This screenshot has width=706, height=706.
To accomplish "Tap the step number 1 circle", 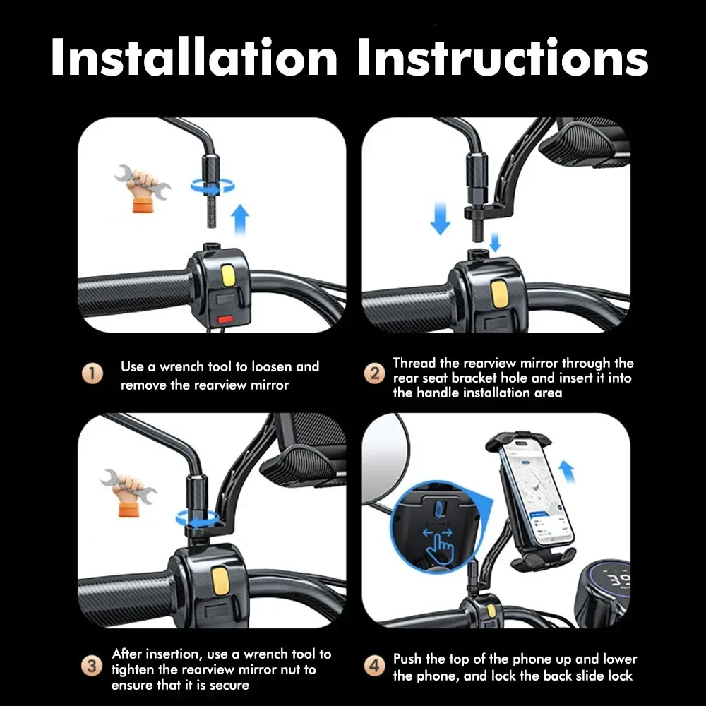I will point(92,374).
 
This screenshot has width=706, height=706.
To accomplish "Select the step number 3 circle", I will point(91,666).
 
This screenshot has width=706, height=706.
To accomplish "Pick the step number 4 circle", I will point(375,666).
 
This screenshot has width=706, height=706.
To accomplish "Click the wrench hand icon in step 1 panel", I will point(142,188).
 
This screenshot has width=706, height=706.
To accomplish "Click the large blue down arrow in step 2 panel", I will point(441,217).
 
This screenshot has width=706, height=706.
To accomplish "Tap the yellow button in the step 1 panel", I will point(228,275).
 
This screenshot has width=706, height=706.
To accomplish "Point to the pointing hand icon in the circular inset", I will point(442,544).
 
